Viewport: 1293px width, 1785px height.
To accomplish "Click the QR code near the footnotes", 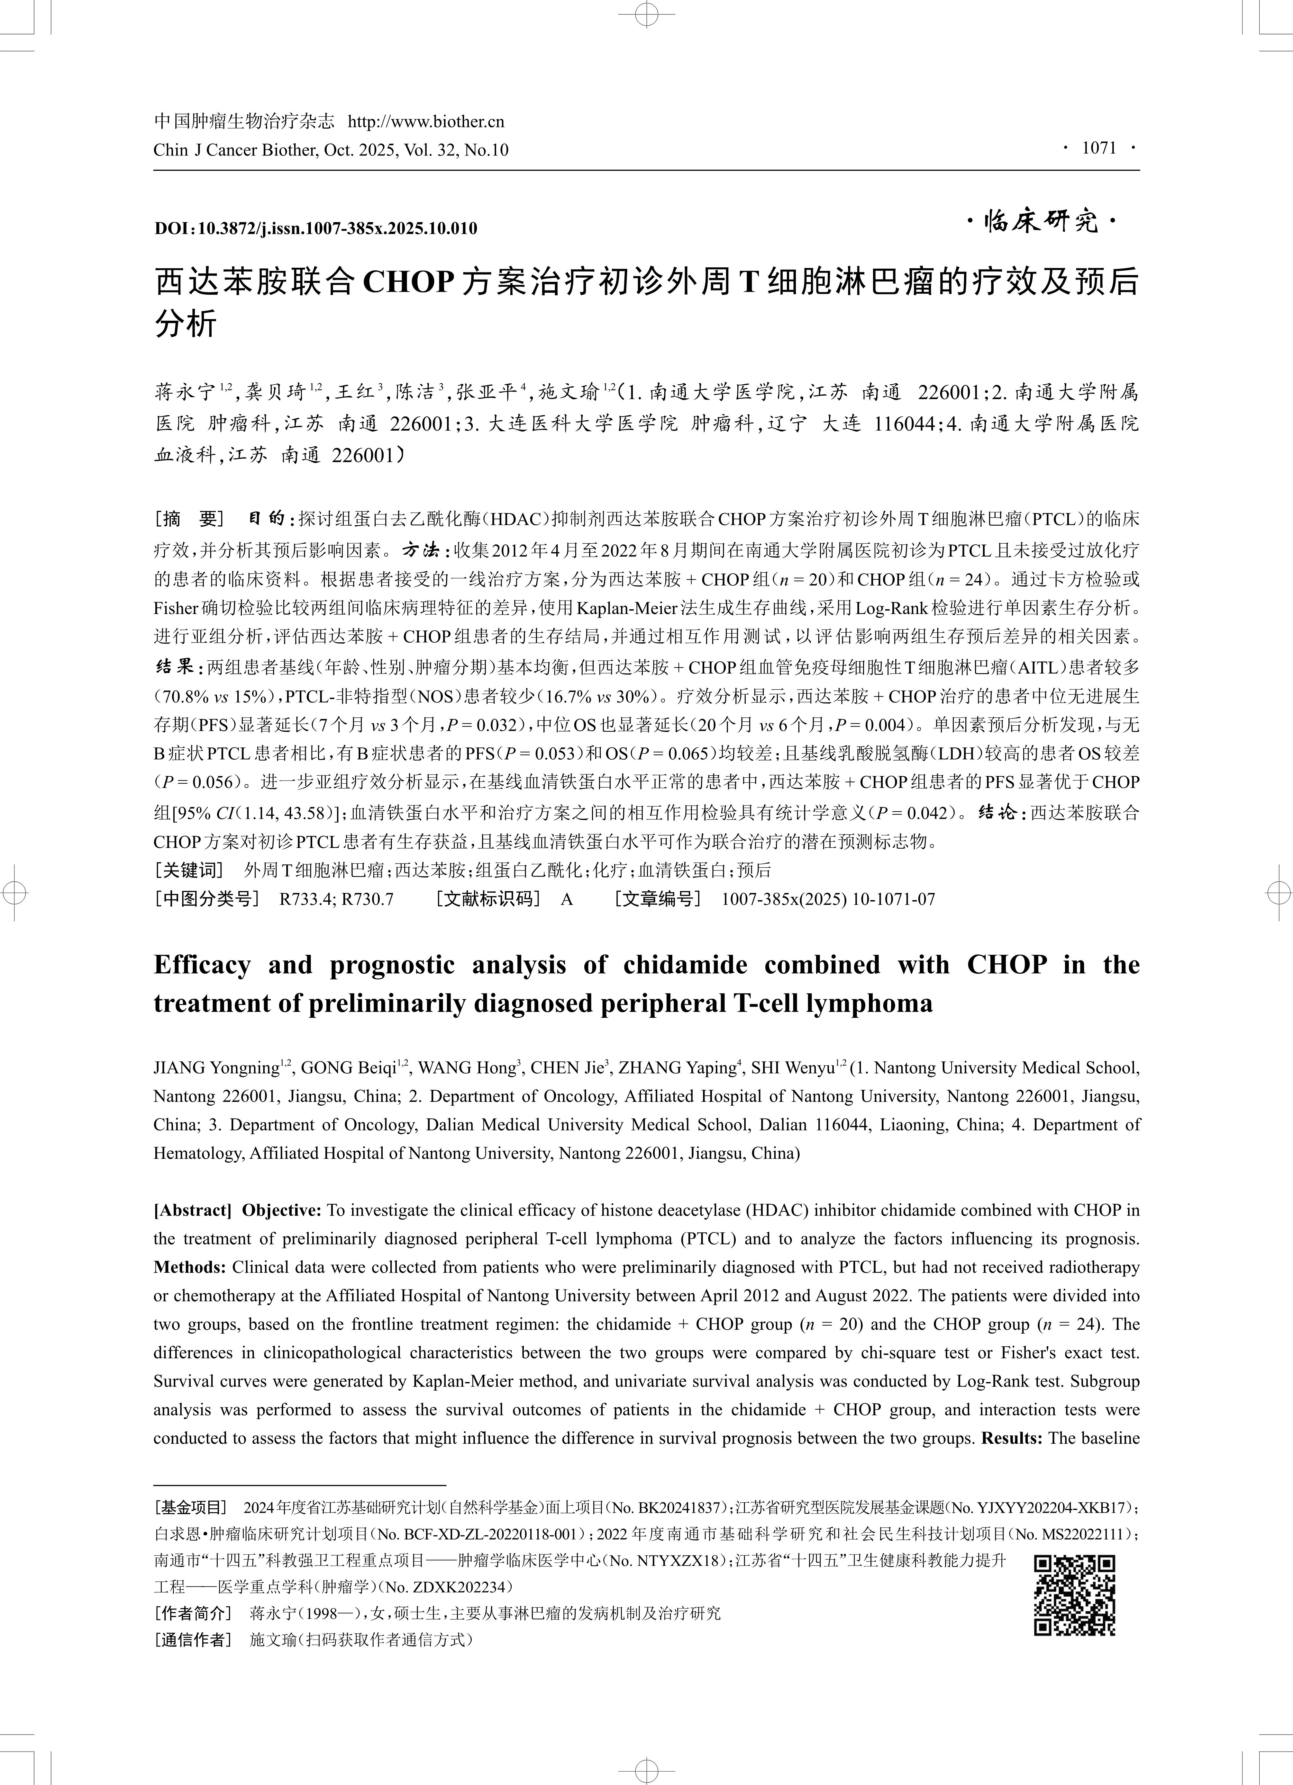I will coord(1074,1595).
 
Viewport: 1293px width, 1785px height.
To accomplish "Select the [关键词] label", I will coord(189,870).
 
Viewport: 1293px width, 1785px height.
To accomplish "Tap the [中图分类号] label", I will coord(206,899).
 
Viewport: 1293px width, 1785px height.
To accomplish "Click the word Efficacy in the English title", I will coord(202,965).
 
